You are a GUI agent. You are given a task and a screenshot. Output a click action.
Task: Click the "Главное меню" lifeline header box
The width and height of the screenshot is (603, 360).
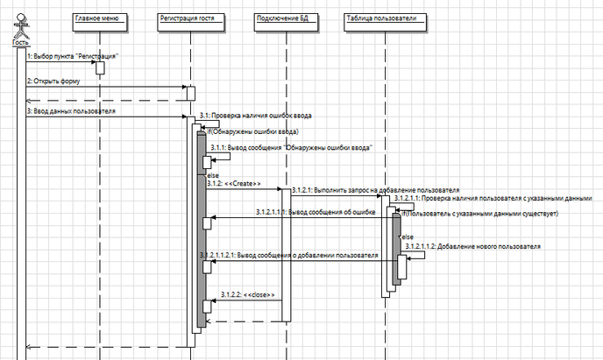(x=99, y=18)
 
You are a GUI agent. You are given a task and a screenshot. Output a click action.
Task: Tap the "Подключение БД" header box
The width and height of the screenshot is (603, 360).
(x=284, y=18)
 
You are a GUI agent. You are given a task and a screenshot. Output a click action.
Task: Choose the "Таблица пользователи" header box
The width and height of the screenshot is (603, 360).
(x=387, y=18)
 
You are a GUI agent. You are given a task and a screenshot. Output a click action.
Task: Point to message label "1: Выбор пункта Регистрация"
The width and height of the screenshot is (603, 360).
(x=72, y=56)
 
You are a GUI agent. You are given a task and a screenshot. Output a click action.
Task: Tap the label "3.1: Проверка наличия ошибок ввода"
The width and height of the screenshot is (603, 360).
(x=255, y=115)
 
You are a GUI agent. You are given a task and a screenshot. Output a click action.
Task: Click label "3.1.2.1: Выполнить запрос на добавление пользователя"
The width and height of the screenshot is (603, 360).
(x=374, y=189)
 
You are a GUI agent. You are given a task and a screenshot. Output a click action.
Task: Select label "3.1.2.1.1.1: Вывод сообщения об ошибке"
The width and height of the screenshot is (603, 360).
(x=316, y=212)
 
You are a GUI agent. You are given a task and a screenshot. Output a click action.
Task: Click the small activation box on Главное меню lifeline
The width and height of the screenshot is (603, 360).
(x=100, y=67)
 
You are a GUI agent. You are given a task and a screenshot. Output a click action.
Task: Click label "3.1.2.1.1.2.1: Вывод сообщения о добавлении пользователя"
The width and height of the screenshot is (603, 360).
(x=288, y=256)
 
